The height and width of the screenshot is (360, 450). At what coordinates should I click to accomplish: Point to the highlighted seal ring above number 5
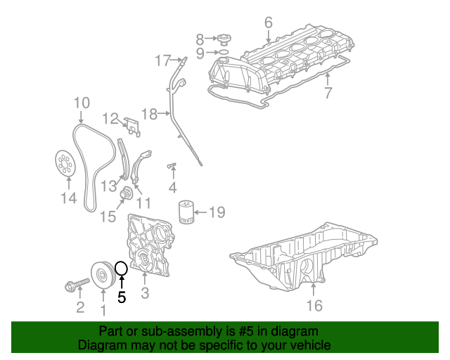tap(121, 268)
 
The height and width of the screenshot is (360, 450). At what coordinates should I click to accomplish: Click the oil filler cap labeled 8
tap(221, 39)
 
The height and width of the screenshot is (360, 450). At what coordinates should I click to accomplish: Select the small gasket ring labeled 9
tap(221, 52)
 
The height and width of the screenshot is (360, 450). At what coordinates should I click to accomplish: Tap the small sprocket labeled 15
tap(127, 194)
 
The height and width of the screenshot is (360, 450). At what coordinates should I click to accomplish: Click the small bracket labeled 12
tap(131, 124)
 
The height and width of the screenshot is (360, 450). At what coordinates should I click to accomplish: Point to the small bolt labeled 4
tap(171, 167)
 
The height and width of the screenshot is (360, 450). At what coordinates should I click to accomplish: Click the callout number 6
tap(268, 22)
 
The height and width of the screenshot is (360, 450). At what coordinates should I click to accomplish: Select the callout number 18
tap(149, 114)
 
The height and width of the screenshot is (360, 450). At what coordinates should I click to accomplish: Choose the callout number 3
tap(145, 292)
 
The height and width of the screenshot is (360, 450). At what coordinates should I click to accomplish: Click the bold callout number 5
tap(122, 297)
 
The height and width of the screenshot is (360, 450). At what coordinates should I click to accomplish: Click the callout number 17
tap(162, 59)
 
